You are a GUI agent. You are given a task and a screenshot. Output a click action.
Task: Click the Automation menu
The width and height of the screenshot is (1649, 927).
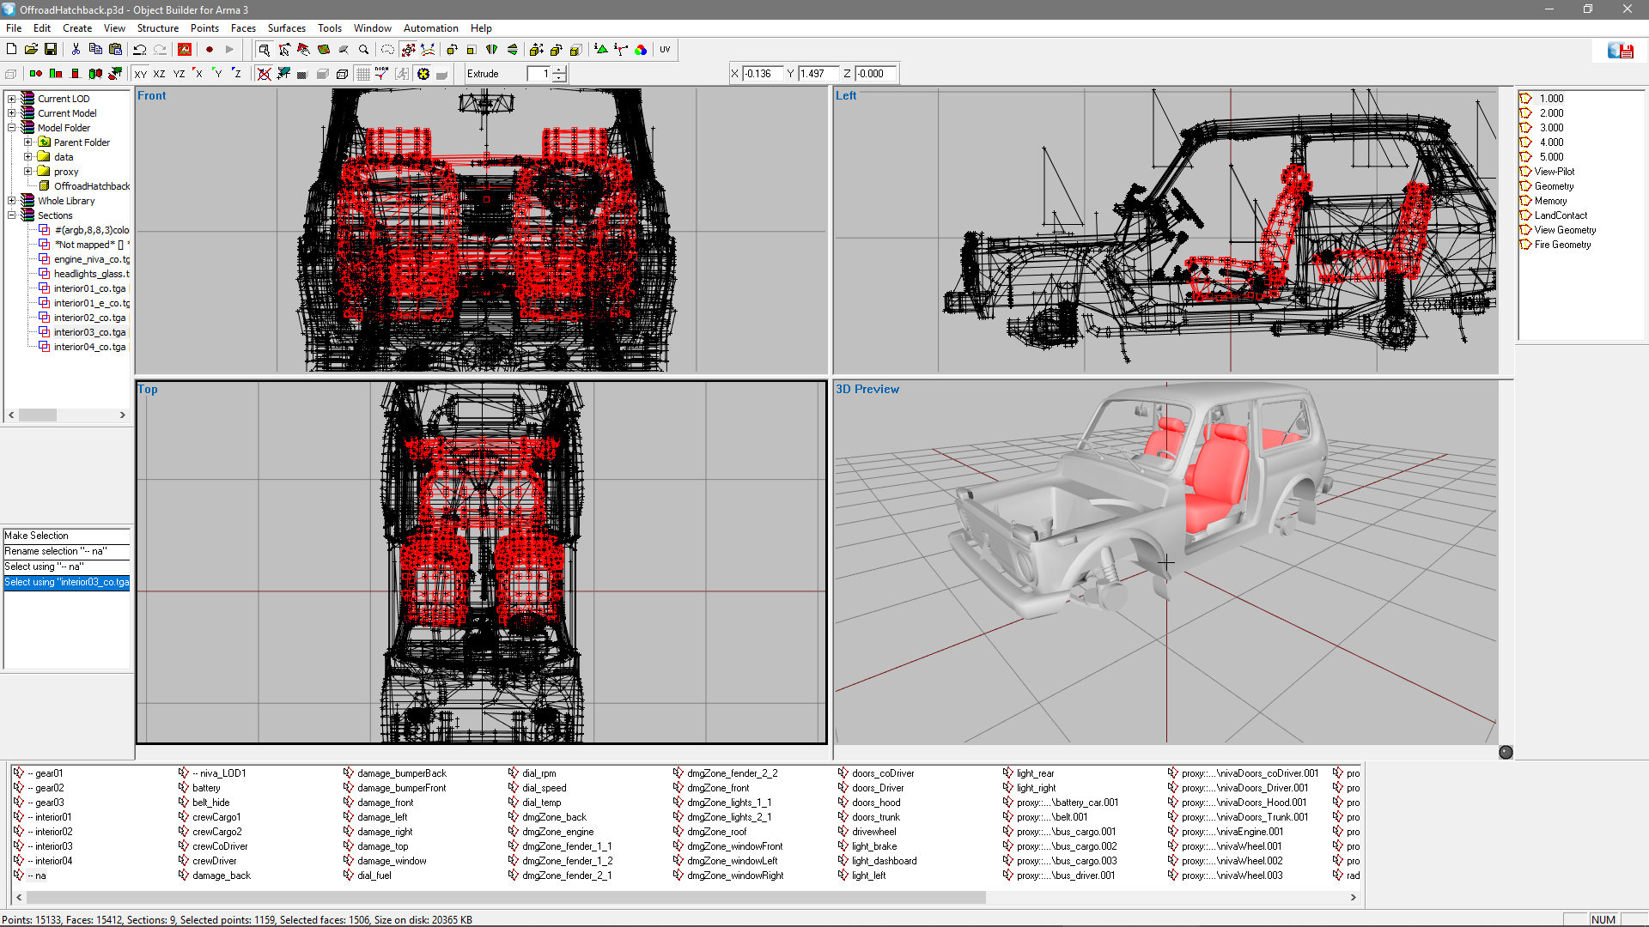tap(430, 28)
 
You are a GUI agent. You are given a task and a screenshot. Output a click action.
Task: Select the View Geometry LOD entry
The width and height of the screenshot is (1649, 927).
tap(1565, 230)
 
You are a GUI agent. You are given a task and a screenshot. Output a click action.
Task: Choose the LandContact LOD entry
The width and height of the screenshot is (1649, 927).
tap(1561, 215)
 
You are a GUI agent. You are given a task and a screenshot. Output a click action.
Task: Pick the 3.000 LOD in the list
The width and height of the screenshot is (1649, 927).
tap(1551, 128)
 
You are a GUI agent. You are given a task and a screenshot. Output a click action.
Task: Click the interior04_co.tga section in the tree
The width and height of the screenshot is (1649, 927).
tap(89, 347)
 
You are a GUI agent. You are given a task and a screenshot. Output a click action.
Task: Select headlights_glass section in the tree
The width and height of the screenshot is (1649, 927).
tap(91, 274)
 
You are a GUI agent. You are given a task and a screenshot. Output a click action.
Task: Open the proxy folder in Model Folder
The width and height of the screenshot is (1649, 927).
tap(65, 172)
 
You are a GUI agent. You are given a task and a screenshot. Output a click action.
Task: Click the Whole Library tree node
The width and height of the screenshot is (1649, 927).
tap(66, 201)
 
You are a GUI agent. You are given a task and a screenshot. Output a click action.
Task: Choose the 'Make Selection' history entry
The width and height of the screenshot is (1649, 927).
tap(36, 536)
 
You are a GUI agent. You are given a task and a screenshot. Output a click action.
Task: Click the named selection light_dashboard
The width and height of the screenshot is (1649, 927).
tap(884, 861)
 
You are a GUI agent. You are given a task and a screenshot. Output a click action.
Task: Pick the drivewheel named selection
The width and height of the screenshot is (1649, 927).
tap(873, 832)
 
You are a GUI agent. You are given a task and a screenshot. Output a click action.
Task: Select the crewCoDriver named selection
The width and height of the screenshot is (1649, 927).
tap(220, 846)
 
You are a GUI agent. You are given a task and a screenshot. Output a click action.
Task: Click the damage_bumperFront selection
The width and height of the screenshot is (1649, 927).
tap(401, 788)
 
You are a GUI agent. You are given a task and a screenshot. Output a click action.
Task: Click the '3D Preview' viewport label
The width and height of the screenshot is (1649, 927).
tap(867, 389)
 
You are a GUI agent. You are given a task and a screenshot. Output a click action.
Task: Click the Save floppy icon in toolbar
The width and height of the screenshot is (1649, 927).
tap(51, 50)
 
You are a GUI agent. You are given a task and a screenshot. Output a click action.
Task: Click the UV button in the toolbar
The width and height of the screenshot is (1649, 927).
tap(665, 50)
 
